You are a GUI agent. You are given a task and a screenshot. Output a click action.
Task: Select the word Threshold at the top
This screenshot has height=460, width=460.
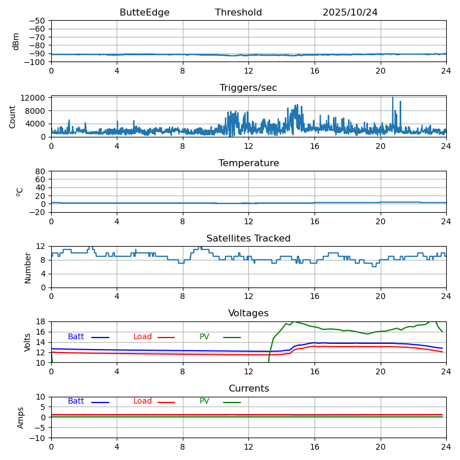tap(238, 13)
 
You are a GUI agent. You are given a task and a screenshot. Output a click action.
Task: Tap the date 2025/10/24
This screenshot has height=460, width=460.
tap(350, 13)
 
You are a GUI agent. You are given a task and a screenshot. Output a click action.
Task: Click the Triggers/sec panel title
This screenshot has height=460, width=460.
tap(248, 88)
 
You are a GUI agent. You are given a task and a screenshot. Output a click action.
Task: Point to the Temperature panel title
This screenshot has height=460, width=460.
tap(248, 163)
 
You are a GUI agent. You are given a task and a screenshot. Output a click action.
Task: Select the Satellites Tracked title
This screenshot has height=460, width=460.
tap(248, 239)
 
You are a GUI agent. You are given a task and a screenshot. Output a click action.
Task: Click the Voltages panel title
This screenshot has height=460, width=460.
tap(248, 313)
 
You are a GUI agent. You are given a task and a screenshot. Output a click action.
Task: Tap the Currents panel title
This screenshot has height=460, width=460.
tap(248, 389)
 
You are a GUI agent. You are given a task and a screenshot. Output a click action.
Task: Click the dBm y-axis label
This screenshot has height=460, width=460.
tap(16, 41)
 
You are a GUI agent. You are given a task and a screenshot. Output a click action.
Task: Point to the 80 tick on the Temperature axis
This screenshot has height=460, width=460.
tap(40, 171)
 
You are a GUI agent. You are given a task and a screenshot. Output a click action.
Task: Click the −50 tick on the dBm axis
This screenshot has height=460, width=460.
tap(38, 21)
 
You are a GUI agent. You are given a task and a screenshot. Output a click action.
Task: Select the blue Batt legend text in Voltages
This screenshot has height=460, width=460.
tap(76, 337)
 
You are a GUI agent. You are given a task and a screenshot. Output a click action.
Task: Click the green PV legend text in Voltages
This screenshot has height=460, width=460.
tap(205, 337)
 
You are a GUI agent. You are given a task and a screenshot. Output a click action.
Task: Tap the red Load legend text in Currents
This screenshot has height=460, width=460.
tap(143, 401)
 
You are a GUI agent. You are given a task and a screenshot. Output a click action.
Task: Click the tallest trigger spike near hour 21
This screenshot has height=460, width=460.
tap(393, 98)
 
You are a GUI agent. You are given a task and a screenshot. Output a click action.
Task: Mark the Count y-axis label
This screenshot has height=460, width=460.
tap(13, 116)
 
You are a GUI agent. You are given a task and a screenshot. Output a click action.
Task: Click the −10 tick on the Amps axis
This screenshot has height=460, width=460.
tap(38, 438)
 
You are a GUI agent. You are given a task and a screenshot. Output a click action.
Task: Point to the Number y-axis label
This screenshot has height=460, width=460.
tap(28, 267)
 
